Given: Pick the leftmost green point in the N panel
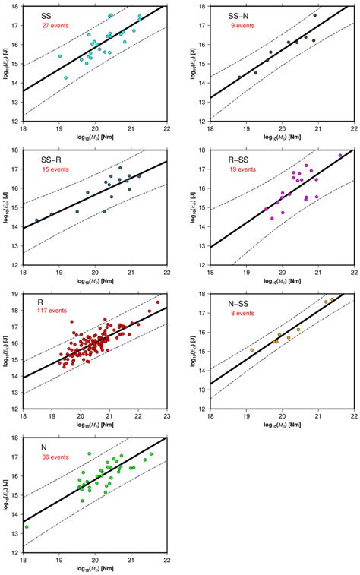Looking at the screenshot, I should (x=26, y=526).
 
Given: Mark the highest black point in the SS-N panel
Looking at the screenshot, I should (x=314, y=15).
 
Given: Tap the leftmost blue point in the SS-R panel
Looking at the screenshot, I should (x=36, y=220).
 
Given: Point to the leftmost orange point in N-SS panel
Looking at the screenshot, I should (x=252, y=350).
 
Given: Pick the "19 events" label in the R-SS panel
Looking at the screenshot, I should (x=247, y=170).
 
